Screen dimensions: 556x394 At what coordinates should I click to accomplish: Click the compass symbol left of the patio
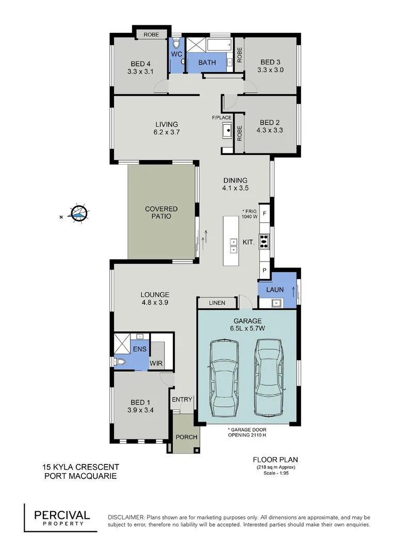pyautogui.click(x=79, y=212)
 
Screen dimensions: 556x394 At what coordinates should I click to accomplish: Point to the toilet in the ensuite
pyautogui.click(x=121, y=362)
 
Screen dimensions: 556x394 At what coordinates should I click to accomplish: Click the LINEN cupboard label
pyautogui.click(x=217, y=303)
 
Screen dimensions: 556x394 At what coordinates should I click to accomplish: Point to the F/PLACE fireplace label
pyautogui.click(x=222, y=118)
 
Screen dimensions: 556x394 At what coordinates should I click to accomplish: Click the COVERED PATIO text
pyautogui.click(x=161, y=213)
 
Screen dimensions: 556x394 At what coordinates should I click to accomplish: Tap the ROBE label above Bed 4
pyautogui.click(x=151, y=34)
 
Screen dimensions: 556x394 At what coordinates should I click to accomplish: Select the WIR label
pyautogui.click(x=156, y=363)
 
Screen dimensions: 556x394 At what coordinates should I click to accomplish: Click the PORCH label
pyautogui.click(x=186, y=437)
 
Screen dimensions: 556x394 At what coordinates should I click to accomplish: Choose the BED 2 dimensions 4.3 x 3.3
pyautogui.click(x=270, y=131)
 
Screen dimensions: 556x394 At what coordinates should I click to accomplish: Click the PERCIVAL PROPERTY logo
pyautogui.click(x=62, y=517)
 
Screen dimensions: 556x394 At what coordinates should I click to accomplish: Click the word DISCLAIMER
pyautogui.click(x=126, y=517)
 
